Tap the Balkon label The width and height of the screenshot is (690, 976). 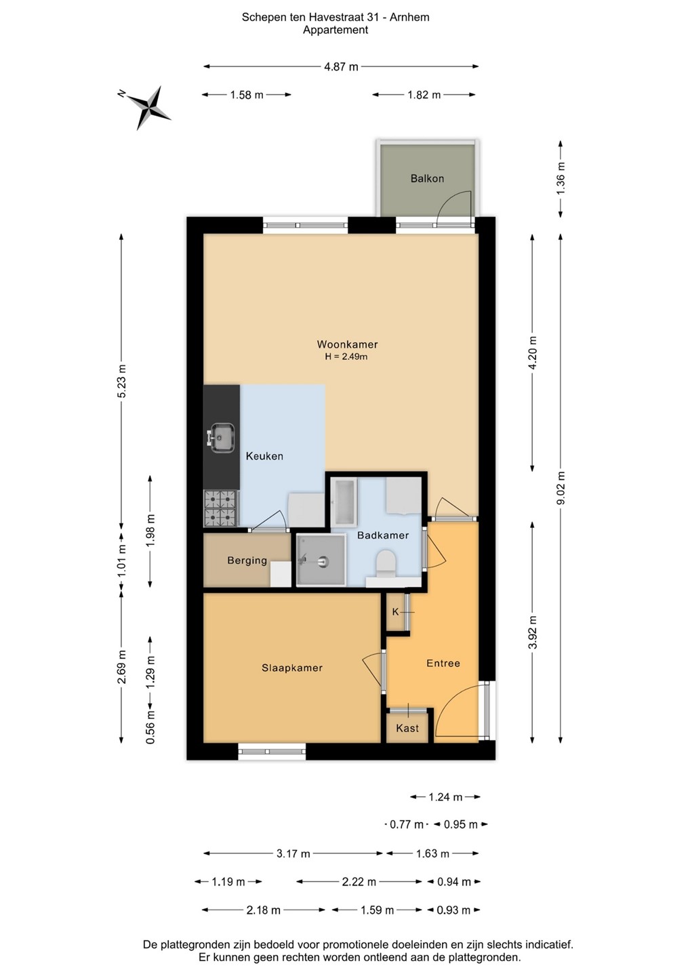pos(427,178)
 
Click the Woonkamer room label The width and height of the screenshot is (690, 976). pos(347,344)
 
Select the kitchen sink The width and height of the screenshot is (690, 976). pos(221,437)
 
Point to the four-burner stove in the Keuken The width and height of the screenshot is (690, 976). pos(221,508)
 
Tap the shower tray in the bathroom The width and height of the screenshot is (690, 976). pos(321,561)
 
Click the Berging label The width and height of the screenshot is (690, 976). pos(247,561)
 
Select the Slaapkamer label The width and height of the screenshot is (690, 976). pos(292,668)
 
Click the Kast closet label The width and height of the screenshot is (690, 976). pos(407,728)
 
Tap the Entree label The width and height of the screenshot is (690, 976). pos(443,663)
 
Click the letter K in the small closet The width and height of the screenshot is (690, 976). pos(396,612)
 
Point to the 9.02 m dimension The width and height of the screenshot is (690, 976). pos(561,488)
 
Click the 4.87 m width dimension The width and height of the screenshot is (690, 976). pos(341,66)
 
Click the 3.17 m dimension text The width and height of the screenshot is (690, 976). pos(293,853)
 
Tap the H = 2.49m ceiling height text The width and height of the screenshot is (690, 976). pos(346,357)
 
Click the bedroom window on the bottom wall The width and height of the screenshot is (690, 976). pos(272,751)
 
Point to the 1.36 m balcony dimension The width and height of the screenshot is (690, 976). pos(561,178)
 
